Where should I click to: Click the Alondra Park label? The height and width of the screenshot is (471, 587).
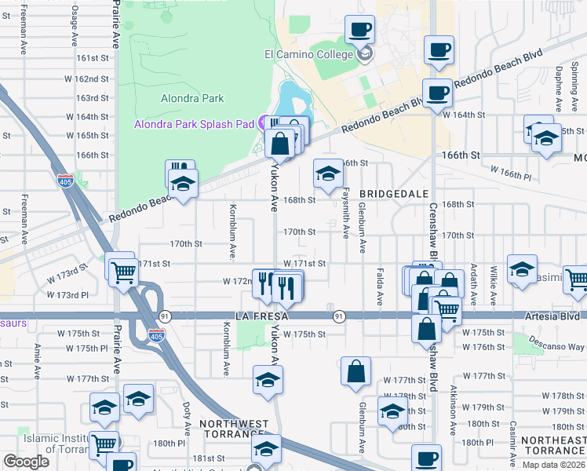[192, 98]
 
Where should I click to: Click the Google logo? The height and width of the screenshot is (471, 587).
[27, 462]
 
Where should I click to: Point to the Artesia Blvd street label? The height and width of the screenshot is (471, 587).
[553, 316]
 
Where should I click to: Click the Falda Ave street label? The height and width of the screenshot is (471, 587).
[380, 289]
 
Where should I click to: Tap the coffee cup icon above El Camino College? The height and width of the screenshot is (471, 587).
[360, 31]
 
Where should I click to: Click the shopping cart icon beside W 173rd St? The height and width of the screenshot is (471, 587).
[123, 272]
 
